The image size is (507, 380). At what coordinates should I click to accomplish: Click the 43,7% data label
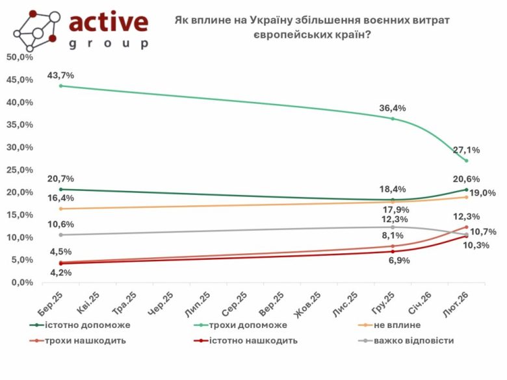[x=60, y=75]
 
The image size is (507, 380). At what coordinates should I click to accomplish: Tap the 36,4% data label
[x=393, y=108]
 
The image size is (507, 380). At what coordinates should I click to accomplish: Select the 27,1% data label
[x=467, y=150]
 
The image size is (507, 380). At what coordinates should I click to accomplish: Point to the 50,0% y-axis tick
[x=19, y=57]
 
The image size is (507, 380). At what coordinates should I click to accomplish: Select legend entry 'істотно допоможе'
[x=88, y=324]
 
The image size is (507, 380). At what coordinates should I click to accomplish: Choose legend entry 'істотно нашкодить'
[x=254, y=340]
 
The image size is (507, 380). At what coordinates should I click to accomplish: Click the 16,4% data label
[x=60, y=199]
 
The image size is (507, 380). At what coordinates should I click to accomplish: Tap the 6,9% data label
[x=393, y=260]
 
